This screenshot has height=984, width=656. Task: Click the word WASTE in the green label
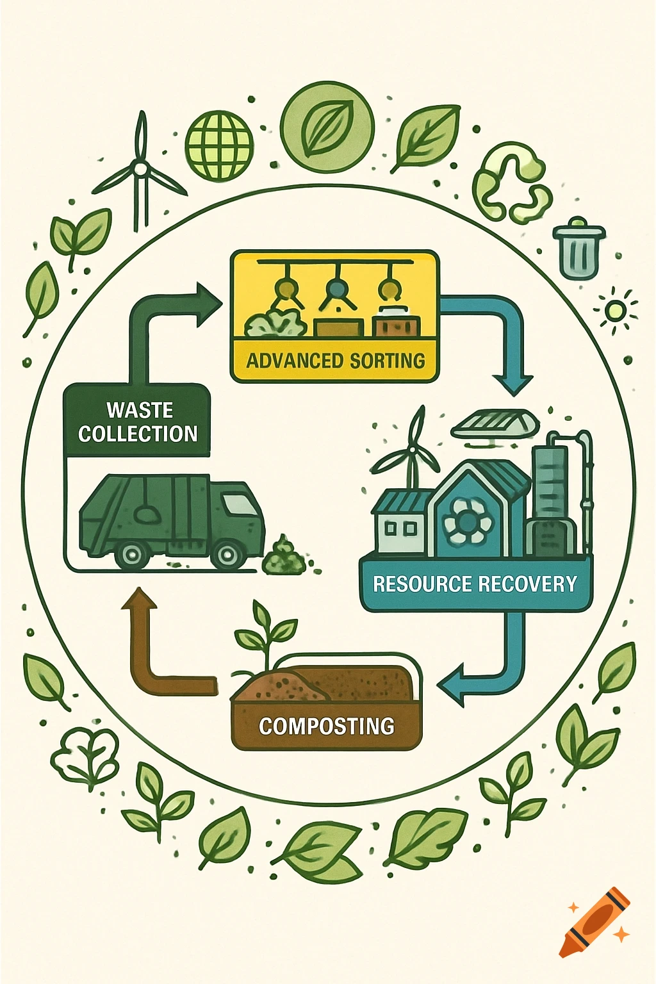tap(140, 410)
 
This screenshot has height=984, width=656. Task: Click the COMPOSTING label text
tap(326, 726)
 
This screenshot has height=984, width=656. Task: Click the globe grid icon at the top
tap(219, 145)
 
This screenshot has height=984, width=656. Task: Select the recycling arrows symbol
tap(512, 183)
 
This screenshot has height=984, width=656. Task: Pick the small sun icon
tap(615, 311)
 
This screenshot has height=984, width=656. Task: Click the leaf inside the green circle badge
tap(327, 126)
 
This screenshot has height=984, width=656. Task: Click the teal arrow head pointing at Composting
tap(452, 685)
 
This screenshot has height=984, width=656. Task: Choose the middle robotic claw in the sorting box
tap(336, 291)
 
